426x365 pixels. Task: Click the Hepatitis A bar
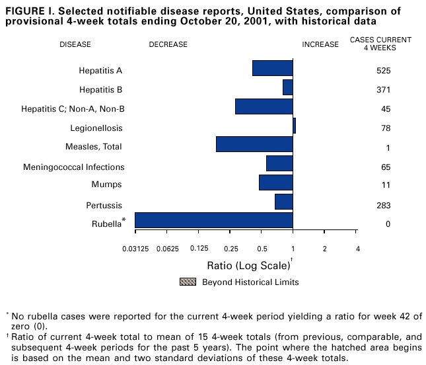[x=272, y=68]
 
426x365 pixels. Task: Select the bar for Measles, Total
[x=254, y=144]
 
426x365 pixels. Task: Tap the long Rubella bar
[x=213, y=220]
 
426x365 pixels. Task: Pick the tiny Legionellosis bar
[x=294, y=126]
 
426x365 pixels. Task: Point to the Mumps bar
[x=275, y=182]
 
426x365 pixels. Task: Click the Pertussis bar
[x=283, y=202]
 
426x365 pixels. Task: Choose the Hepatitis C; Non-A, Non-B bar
[x=264, y=106]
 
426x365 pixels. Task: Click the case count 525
[x=383, y=71]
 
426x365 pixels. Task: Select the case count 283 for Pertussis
[x=383, y=206]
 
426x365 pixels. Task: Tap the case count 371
[x=383, y=90]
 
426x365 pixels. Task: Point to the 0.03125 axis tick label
[x=135, y=249]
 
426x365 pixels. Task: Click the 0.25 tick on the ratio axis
[x=231, y=249]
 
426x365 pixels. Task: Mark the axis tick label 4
[x=357, y=249]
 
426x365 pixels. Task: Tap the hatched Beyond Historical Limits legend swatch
[x=188, y=282]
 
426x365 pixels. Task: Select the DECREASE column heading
[x=168, y=45]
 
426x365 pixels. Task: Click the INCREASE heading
[x=320, y=45]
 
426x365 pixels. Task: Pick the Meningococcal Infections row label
[x=73, y=167]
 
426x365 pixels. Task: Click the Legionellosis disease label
[x=96, y=128]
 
